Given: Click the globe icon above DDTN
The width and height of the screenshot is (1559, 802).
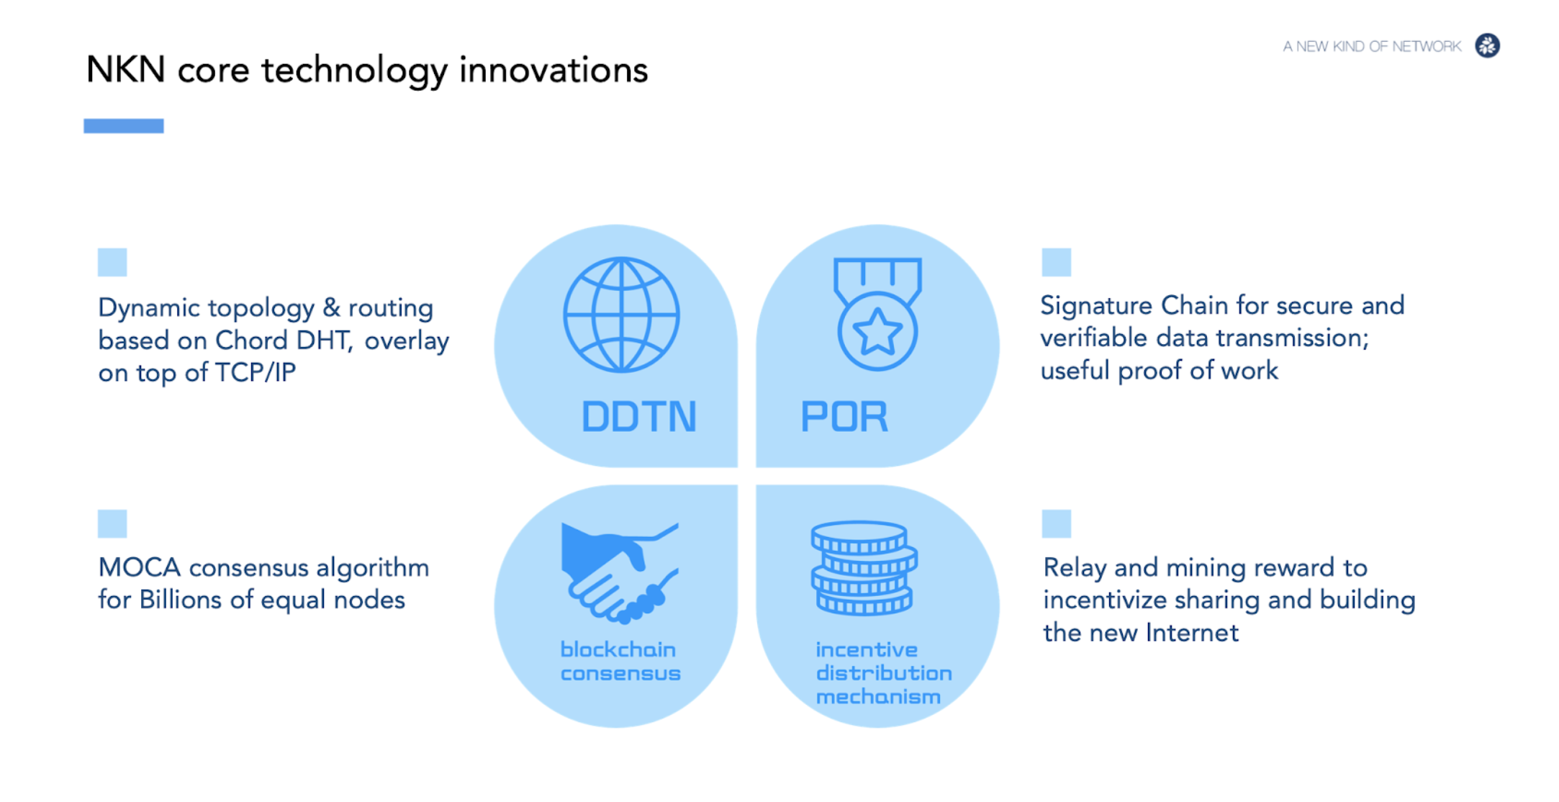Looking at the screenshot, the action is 621,315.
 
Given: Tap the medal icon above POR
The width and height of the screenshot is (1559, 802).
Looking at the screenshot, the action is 877,314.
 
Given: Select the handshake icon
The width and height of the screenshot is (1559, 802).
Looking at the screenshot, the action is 620,572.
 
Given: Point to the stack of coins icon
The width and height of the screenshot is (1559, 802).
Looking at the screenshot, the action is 864,568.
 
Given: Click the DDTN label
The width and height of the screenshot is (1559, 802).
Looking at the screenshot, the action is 639,417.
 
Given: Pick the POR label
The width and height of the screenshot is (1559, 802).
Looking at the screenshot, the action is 844,417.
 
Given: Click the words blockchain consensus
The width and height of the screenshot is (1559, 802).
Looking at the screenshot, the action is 620,662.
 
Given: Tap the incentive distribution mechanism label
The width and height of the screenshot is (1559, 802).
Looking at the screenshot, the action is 884,673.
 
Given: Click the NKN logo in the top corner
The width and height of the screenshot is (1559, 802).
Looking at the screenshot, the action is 1487,46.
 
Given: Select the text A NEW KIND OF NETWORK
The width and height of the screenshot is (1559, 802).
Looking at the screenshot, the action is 1372,47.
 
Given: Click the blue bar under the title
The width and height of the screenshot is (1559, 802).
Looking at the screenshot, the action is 124,126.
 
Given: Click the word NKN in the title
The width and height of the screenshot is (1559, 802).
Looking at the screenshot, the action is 126,70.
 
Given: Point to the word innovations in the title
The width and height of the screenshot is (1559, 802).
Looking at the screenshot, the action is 553,70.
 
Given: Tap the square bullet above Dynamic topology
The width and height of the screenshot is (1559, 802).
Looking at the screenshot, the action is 112,262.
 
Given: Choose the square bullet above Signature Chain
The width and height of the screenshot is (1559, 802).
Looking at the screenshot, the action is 1056,262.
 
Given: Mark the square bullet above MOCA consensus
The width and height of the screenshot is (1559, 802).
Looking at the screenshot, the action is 112,523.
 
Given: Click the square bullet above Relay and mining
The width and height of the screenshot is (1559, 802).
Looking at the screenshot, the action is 1056,523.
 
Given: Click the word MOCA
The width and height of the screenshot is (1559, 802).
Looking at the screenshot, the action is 140,567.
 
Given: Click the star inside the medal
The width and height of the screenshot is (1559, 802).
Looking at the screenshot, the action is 877,332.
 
